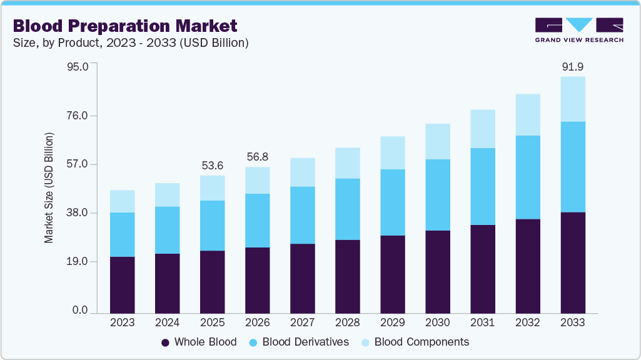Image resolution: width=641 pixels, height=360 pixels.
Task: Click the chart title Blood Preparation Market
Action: (125, 26)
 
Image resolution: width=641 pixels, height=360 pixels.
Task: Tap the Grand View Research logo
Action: (579, 30)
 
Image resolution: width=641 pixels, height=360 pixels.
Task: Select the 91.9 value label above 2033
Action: (573, 66)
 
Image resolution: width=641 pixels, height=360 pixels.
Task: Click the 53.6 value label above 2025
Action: (213, 166)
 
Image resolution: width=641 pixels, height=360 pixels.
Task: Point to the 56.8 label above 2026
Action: (258, 157)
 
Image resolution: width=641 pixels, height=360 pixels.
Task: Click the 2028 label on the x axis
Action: (348, 322)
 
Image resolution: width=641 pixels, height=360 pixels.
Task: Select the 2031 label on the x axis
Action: (483, 322)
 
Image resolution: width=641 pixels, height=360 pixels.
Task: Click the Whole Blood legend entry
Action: (199, 342)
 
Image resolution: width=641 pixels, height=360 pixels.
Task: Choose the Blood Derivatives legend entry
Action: (299, 342)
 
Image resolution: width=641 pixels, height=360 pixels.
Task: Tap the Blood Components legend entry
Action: (414, 342)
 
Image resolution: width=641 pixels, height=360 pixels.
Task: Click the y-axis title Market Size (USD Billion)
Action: (49, 187)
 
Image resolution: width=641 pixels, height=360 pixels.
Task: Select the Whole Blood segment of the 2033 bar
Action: (573, 262)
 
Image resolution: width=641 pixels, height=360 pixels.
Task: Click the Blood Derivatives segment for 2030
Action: (438, 195)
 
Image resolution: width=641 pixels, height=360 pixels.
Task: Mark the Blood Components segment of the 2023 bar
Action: (123, 201)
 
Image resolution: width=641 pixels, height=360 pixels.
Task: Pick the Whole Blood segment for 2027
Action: (303, 278)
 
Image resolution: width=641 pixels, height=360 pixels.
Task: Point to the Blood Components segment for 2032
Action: (528, 115)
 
